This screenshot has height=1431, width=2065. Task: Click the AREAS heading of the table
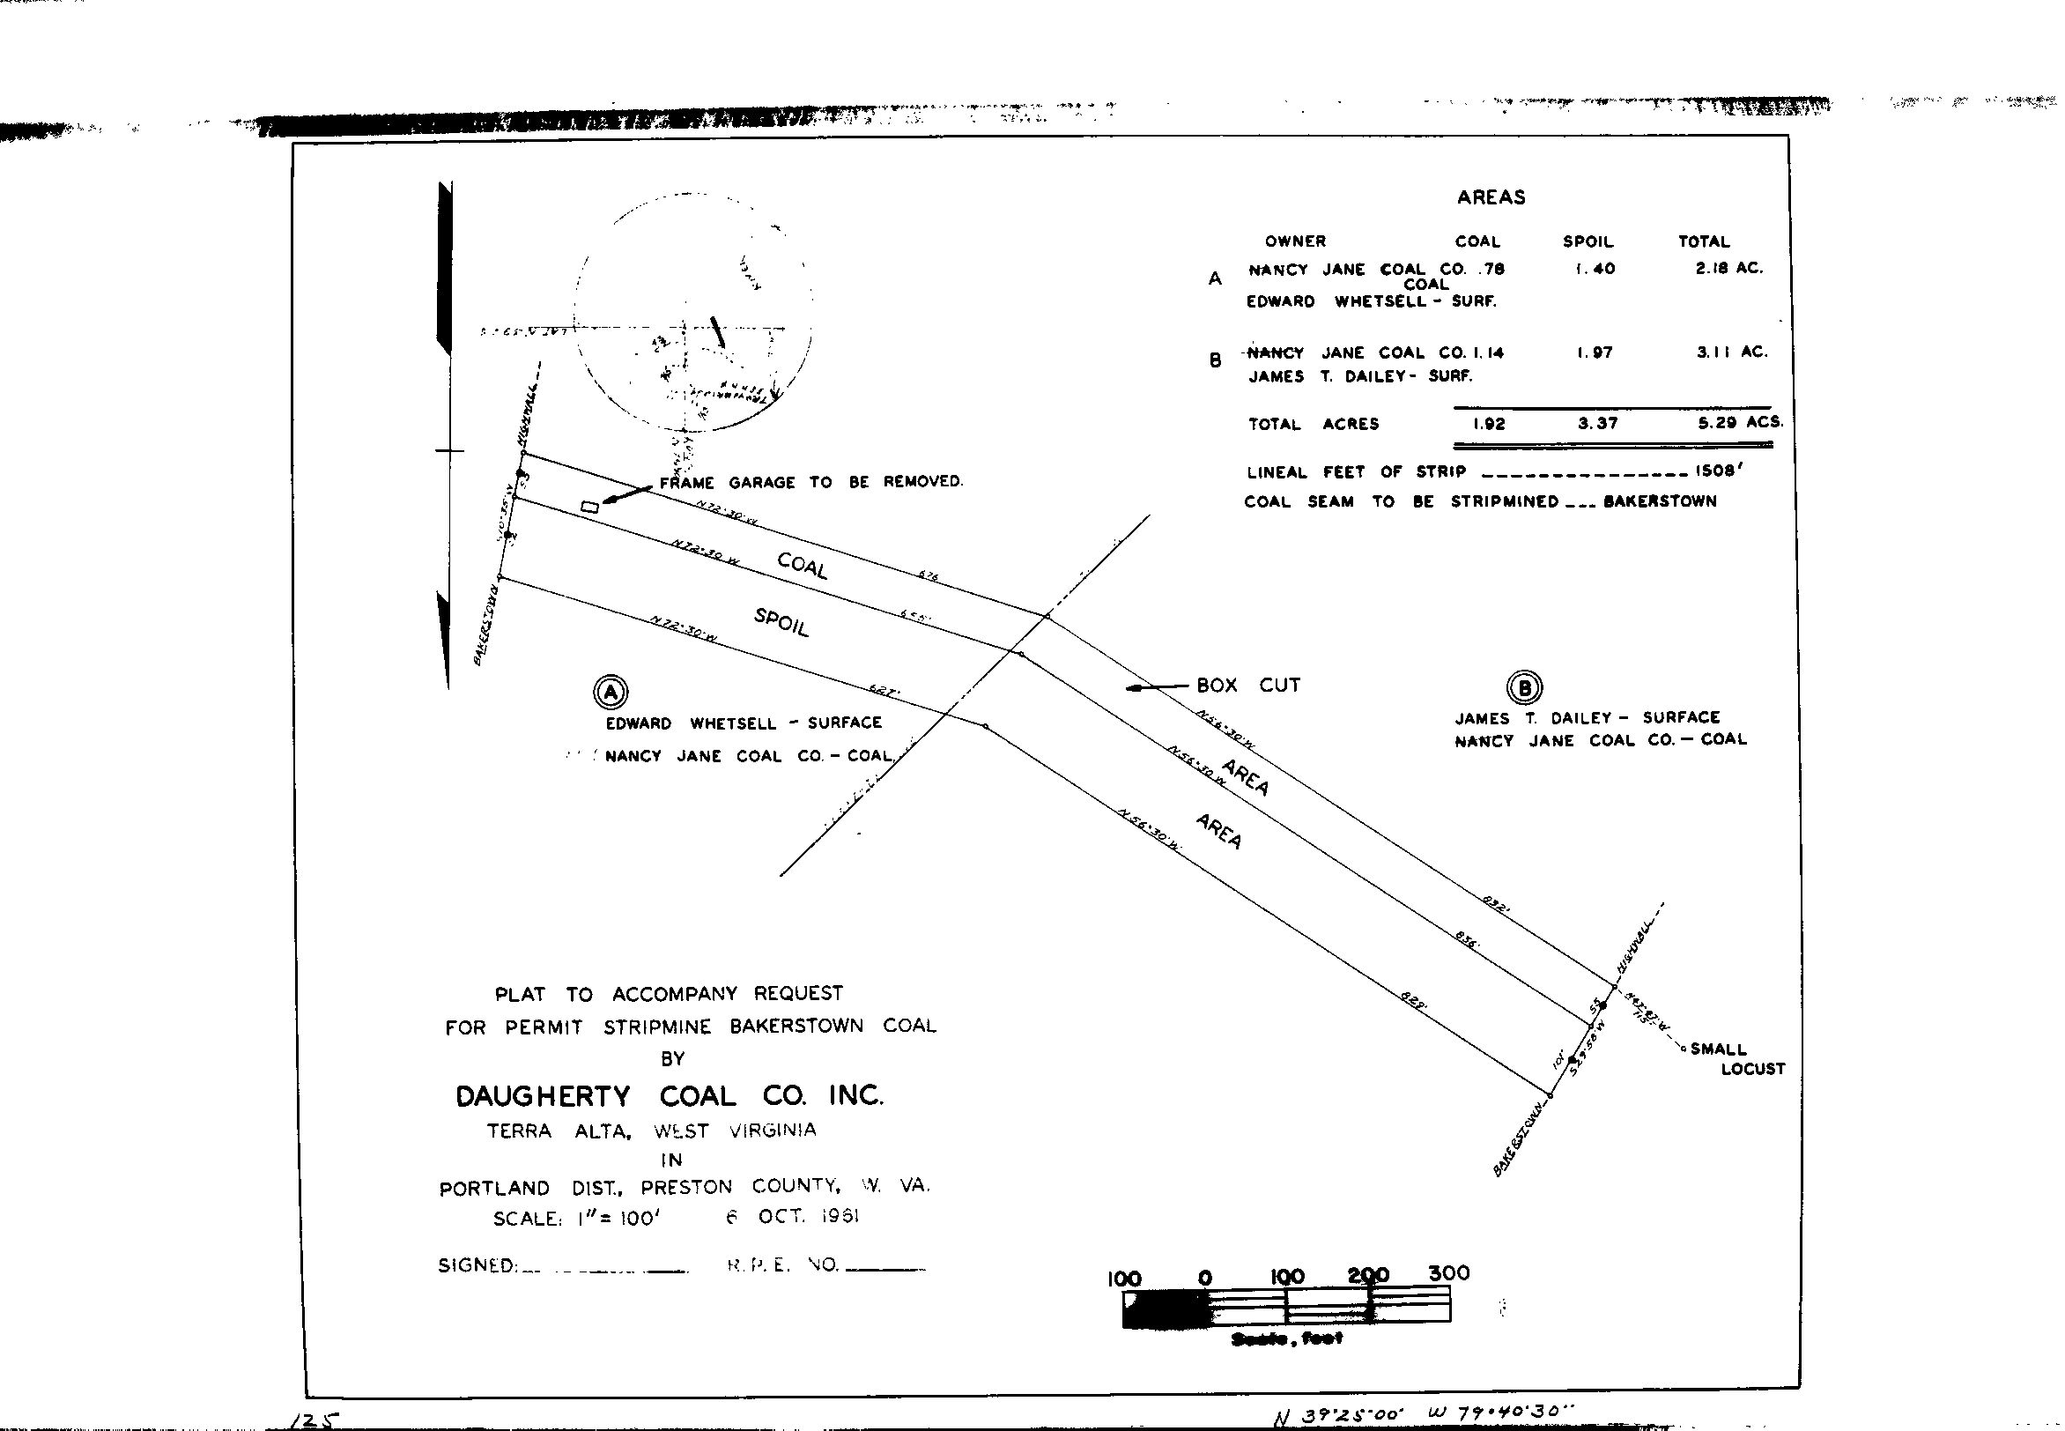coord(1491,198)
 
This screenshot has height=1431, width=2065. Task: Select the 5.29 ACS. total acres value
coord(1740,423)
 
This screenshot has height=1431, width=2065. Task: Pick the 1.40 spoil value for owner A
coord(1595,268)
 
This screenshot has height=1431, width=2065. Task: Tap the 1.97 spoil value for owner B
coord(1595,353)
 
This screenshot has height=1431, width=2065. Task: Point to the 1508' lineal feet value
coord(1717,471)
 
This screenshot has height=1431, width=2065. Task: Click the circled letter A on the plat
coord(611,693)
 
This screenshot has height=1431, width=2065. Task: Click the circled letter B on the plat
coord(1525,687)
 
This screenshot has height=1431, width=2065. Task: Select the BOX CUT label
coord(1247,686)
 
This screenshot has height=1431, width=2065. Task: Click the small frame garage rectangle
coord(589,508)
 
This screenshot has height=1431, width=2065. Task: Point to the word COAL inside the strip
coord(802,566)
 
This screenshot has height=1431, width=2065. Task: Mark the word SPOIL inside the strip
coord(781,622)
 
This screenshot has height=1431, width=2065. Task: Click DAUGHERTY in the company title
coord(544,1096)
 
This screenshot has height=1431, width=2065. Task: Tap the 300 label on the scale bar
coord(1448,1273)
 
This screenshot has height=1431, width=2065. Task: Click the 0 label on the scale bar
coord(1205,1278)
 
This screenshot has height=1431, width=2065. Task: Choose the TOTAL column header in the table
coord(1703,241)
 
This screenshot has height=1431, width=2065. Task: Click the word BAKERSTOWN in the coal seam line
coord(1660,501)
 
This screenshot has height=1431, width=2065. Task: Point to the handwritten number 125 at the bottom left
coord(315,1420)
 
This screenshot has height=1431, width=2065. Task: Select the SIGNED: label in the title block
coord(477,1266)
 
